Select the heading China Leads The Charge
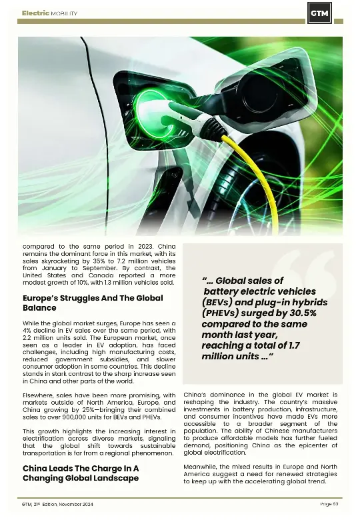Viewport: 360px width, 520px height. pyautogui.click(x=80, y=473)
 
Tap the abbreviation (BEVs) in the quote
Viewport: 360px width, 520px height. pyautogui.click(x=218, y=302)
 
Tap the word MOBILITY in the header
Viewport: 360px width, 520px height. pyautogui.click(x=64, y=13)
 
